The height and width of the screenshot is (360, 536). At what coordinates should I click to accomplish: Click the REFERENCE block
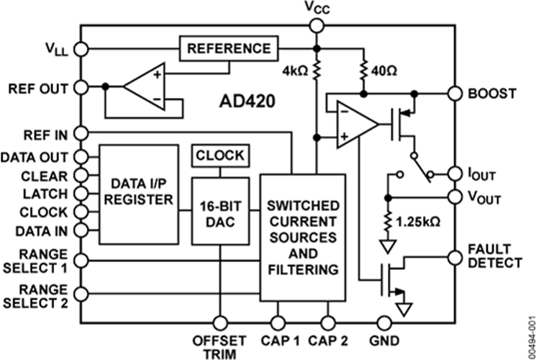pyautogui.click(x=229, y=48)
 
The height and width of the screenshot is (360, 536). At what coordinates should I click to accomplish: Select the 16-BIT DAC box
pyautogui.click(x=220, y=211)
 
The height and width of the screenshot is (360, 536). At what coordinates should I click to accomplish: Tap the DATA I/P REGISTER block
pyautogui.click(x=139, y=194)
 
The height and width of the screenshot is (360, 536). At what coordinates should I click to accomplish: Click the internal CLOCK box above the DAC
pyautogui.click(x=220, y=156)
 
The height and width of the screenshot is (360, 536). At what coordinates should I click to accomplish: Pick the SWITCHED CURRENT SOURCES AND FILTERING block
pyautogui.click(x=303, y=238)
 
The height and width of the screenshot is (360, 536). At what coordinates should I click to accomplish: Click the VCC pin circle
pyautogui.click(x=317, y=26)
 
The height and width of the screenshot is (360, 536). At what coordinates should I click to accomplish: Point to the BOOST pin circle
pyautogui.click(x=455, y=94)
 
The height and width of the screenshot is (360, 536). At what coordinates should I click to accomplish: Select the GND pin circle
pyautogui.click(x=384, y=323)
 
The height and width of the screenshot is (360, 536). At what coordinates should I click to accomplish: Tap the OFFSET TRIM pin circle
pyautogui.click(x=220, y=323)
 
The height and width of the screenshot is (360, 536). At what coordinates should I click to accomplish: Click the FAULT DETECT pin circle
pyautogui.click(x=455, y=258)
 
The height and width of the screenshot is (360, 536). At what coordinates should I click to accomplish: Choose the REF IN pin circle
pyautogui.click(x=81, y=133)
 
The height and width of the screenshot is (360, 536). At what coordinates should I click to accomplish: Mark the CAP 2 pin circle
pyautogui.click(x=328, y=323)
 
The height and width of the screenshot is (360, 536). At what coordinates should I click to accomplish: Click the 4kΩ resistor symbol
pyautogui.click(x=317, y=71)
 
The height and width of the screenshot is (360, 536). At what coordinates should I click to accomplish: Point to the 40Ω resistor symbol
pyautogui.click(x=364, y=71)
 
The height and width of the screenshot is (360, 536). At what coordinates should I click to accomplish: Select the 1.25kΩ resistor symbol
pyautogui.click(x=388, y=222)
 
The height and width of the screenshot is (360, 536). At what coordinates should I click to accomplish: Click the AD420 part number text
pyautogui.click(x=247, y=102)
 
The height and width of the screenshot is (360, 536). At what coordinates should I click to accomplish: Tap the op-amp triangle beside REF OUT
pyautogui.click(x=145, y=87)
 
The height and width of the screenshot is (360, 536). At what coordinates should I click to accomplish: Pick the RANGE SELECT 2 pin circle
pyautogui.click(x=81, y=294)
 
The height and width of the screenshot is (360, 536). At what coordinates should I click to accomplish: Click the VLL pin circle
pyautogui.click(x=81, y=49)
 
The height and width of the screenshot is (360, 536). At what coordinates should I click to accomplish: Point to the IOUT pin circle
pyautogui.click(x=455, y=174)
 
